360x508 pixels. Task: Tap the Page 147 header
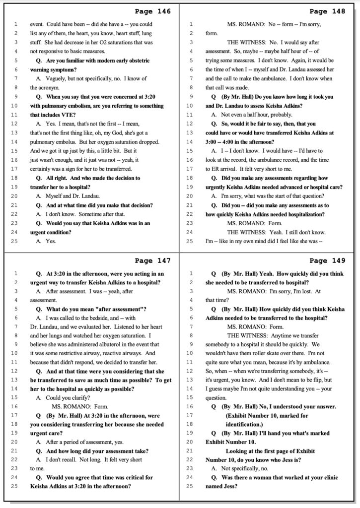pyautogui.click(x=152, y=260)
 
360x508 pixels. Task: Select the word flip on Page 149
pyautogui.click(x=318, y=380)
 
